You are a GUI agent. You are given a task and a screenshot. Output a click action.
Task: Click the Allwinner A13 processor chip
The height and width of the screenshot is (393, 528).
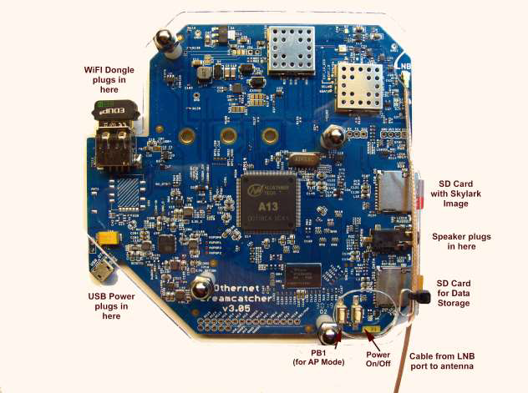click(268, 203)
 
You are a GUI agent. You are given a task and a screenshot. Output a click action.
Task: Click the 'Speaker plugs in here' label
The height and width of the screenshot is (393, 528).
click(465, 242)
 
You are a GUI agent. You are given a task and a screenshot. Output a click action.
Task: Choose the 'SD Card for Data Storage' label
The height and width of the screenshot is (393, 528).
click(465, 292)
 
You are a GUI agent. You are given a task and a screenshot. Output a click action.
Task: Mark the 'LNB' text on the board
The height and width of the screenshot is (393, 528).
click(404, 63)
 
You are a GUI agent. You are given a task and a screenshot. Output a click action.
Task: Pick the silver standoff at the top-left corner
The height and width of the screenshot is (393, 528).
click(165, 39)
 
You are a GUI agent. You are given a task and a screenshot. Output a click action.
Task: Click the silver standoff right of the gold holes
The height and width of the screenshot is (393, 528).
click(334, 138)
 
